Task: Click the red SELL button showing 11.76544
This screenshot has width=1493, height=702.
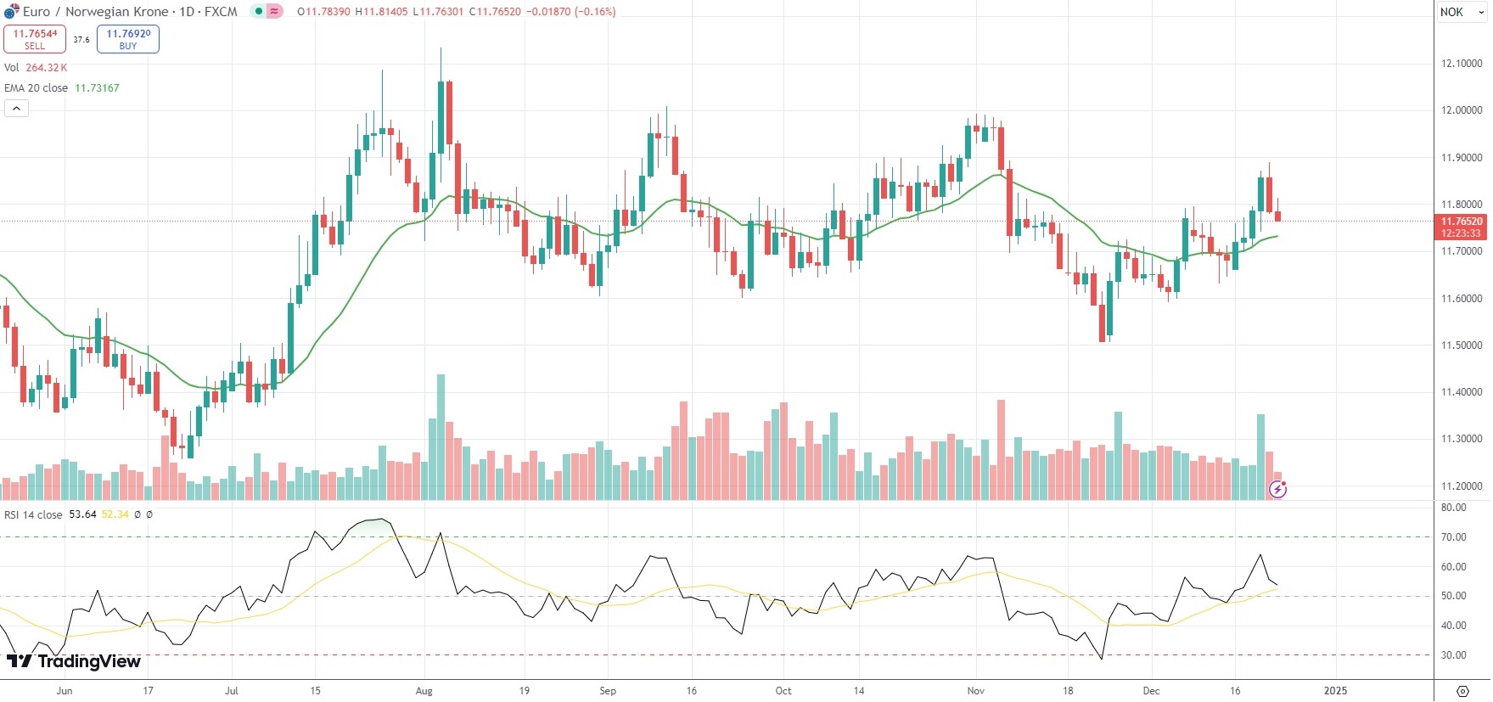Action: [x=35, y=39]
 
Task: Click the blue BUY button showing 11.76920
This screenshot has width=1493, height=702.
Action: [x=128, y=39]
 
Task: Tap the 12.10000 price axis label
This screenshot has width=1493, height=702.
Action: [x=1462, y=64]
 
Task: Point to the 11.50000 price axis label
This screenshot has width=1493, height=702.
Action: [x=1462, y=345]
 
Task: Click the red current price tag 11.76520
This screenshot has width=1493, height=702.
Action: [x=1461, y=222]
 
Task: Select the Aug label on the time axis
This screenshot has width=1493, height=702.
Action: [x=424, y=691]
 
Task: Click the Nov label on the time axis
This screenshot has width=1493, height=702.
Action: [x=976, y=691]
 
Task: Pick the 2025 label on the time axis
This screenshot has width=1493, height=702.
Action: [x=1335, y=691]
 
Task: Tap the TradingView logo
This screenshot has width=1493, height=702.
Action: [x=74, y=661]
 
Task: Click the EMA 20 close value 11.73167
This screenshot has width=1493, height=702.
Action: [x=97, y=88]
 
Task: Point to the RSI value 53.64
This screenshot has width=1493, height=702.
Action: [x=82, y=514]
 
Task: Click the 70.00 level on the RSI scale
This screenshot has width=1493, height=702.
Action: [x=1453, y=537]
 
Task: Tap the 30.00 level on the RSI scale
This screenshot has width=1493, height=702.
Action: [x=1453, y=655]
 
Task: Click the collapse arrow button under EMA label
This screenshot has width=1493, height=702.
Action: [x=16, y=108]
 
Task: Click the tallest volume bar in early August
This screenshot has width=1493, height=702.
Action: [x=441, y=437]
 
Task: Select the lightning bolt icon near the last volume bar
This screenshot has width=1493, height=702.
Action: [x=1277, y=489]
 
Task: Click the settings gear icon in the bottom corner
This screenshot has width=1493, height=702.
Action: [x=1462, y=691]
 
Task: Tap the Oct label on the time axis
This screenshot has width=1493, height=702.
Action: [x=783, y=691]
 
